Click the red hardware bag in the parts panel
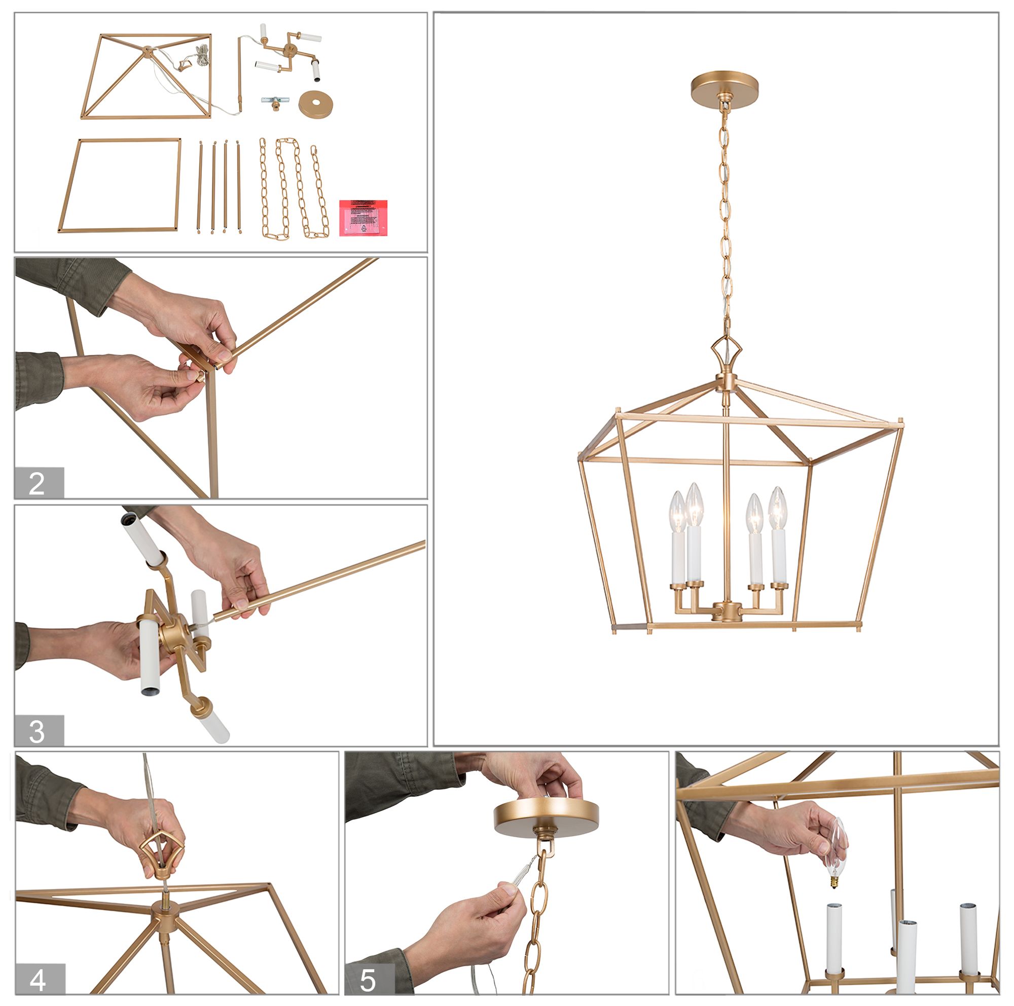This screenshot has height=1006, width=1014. [363, 217]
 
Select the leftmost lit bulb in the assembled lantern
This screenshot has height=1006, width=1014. [677, 511]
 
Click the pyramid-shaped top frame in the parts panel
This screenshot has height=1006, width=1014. [147, 77]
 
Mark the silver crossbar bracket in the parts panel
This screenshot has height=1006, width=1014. [275, 99]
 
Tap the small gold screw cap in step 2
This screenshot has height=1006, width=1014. [199, 377]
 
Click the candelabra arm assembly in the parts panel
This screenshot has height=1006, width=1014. [288, 52]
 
